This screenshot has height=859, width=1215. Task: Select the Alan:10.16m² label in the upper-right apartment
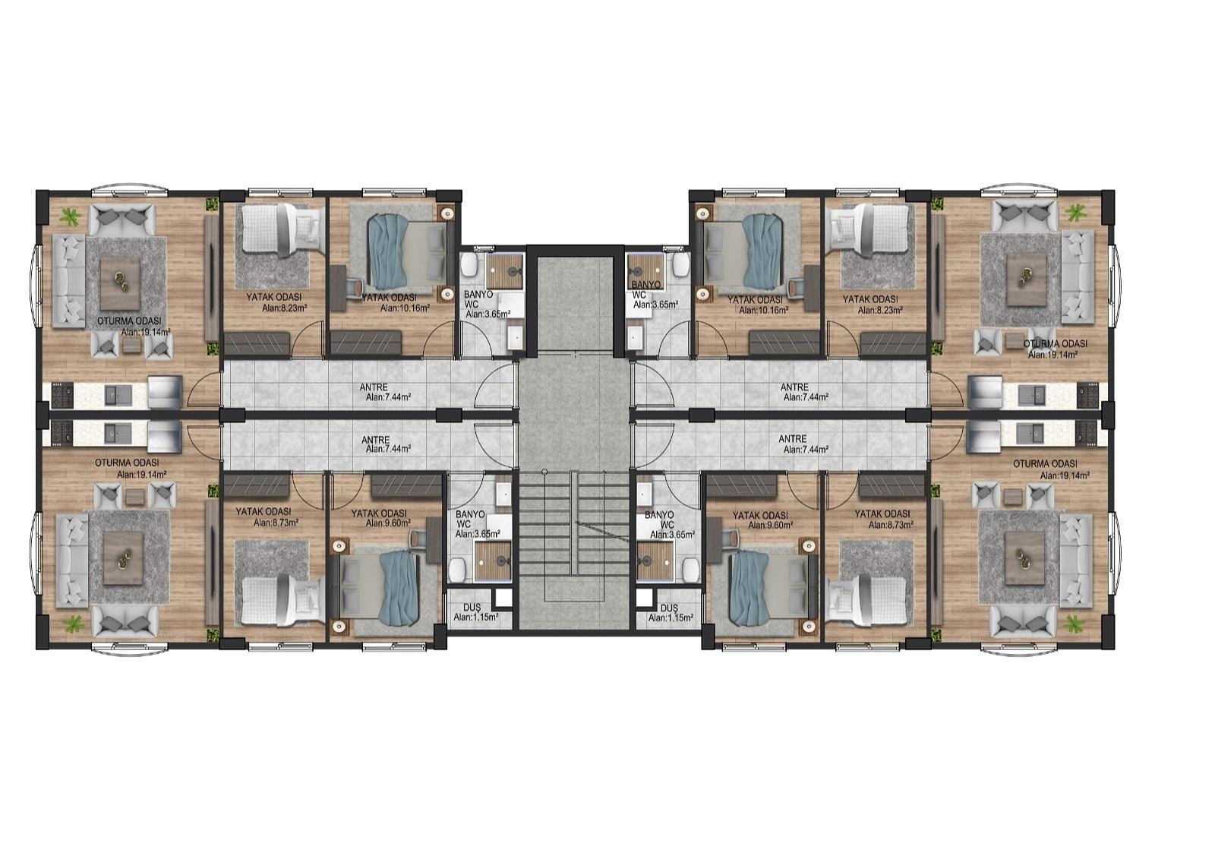click(x=764, y=311)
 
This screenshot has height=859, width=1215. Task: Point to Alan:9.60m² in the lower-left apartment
click(x=388, y=523)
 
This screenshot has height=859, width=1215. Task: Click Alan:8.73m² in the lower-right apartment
click(x=891, y=526)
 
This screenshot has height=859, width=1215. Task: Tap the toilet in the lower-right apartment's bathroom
click(x=690, y=569)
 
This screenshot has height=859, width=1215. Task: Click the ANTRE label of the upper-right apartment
click(x=794, y=387)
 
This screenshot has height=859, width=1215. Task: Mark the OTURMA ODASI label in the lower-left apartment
click(x=127, y=463)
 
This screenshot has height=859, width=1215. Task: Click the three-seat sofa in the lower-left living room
click(x=72, y=561)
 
